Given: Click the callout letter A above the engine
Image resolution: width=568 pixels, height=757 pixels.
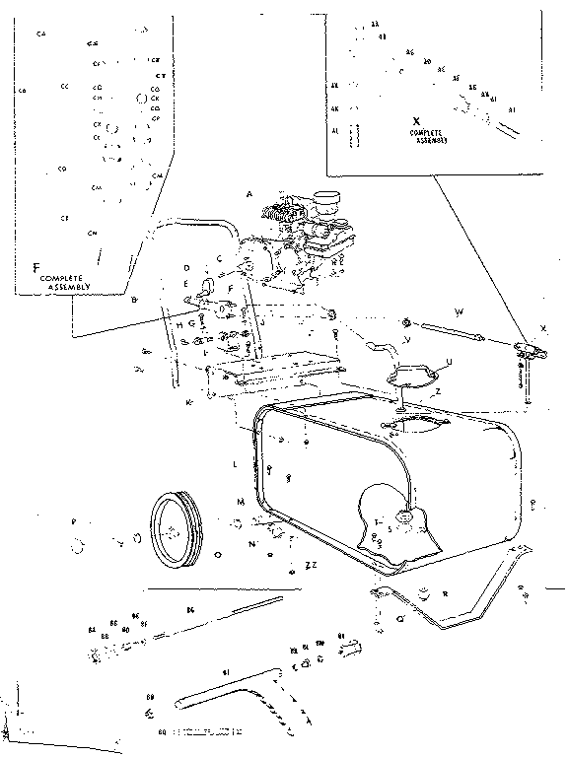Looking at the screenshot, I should pos(250,196).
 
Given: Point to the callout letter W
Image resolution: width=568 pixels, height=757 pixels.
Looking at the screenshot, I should pos(460,312).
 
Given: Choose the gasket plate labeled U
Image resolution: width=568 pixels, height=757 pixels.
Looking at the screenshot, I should pos(412,375).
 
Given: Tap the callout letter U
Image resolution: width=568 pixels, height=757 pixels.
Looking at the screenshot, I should pos(449,362).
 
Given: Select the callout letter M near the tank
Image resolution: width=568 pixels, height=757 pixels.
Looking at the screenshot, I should pos(240,502).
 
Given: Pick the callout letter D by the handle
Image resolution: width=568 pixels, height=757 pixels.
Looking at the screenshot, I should pos(185,267).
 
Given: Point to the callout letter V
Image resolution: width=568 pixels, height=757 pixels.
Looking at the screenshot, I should pos(406,340).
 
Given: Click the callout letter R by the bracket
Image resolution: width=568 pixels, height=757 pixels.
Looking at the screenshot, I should pos(446,594).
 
